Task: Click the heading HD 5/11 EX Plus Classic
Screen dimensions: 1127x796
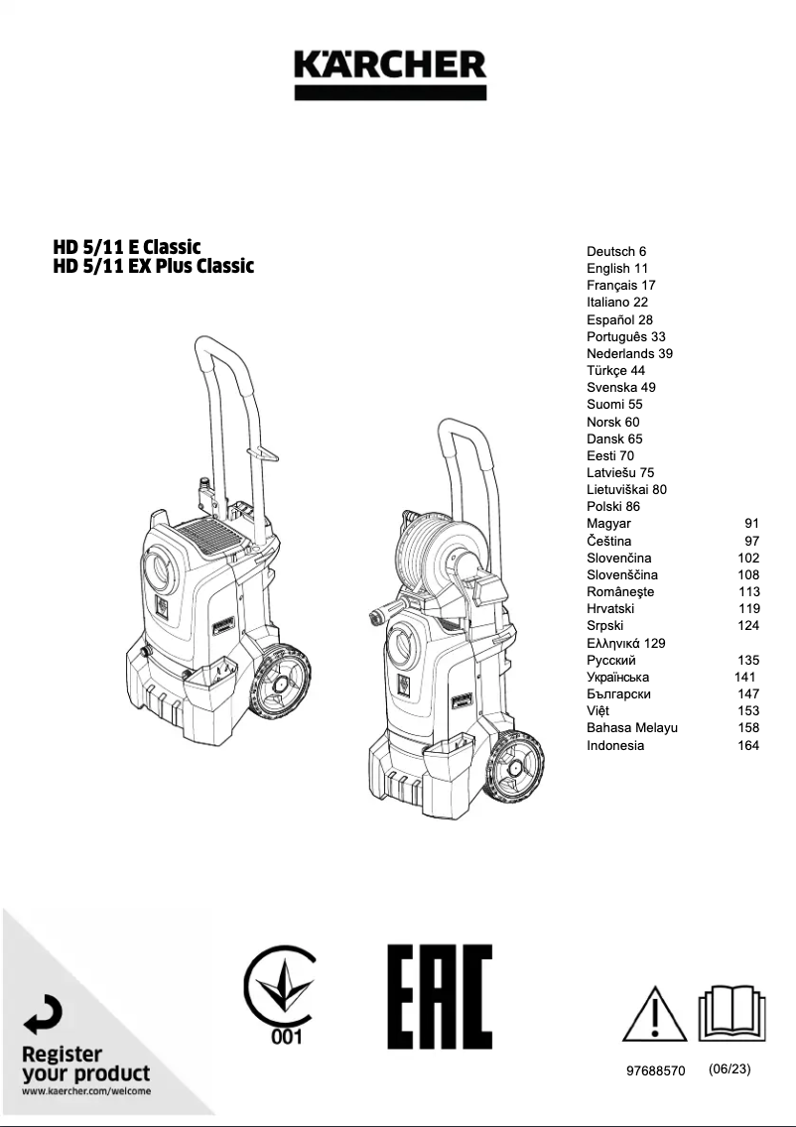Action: [154, 267]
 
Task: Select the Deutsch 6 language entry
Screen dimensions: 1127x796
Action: [616, 252]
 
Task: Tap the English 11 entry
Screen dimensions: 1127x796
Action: [617, 269]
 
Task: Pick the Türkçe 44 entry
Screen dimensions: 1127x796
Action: [615, 371]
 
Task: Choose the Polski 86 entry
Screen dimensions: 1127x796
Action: [613, 507]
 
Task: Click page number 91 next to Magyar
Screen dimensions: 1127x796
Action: [750, 524]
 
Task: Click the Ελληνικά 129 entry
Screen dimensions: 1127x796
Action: [626, 643]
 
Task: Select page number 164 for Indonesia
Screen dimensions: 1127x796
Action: [747, 745]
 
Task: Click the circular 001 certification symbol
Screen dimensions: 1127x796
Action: [281, 995]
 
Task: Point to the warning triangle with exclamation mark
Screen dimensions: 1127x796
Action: [654, 1014]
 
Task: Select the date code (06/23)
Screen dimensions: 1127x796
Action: [730, 1070]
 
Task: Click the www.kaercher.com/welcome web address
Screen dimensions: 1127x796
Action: [86, 1091]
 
